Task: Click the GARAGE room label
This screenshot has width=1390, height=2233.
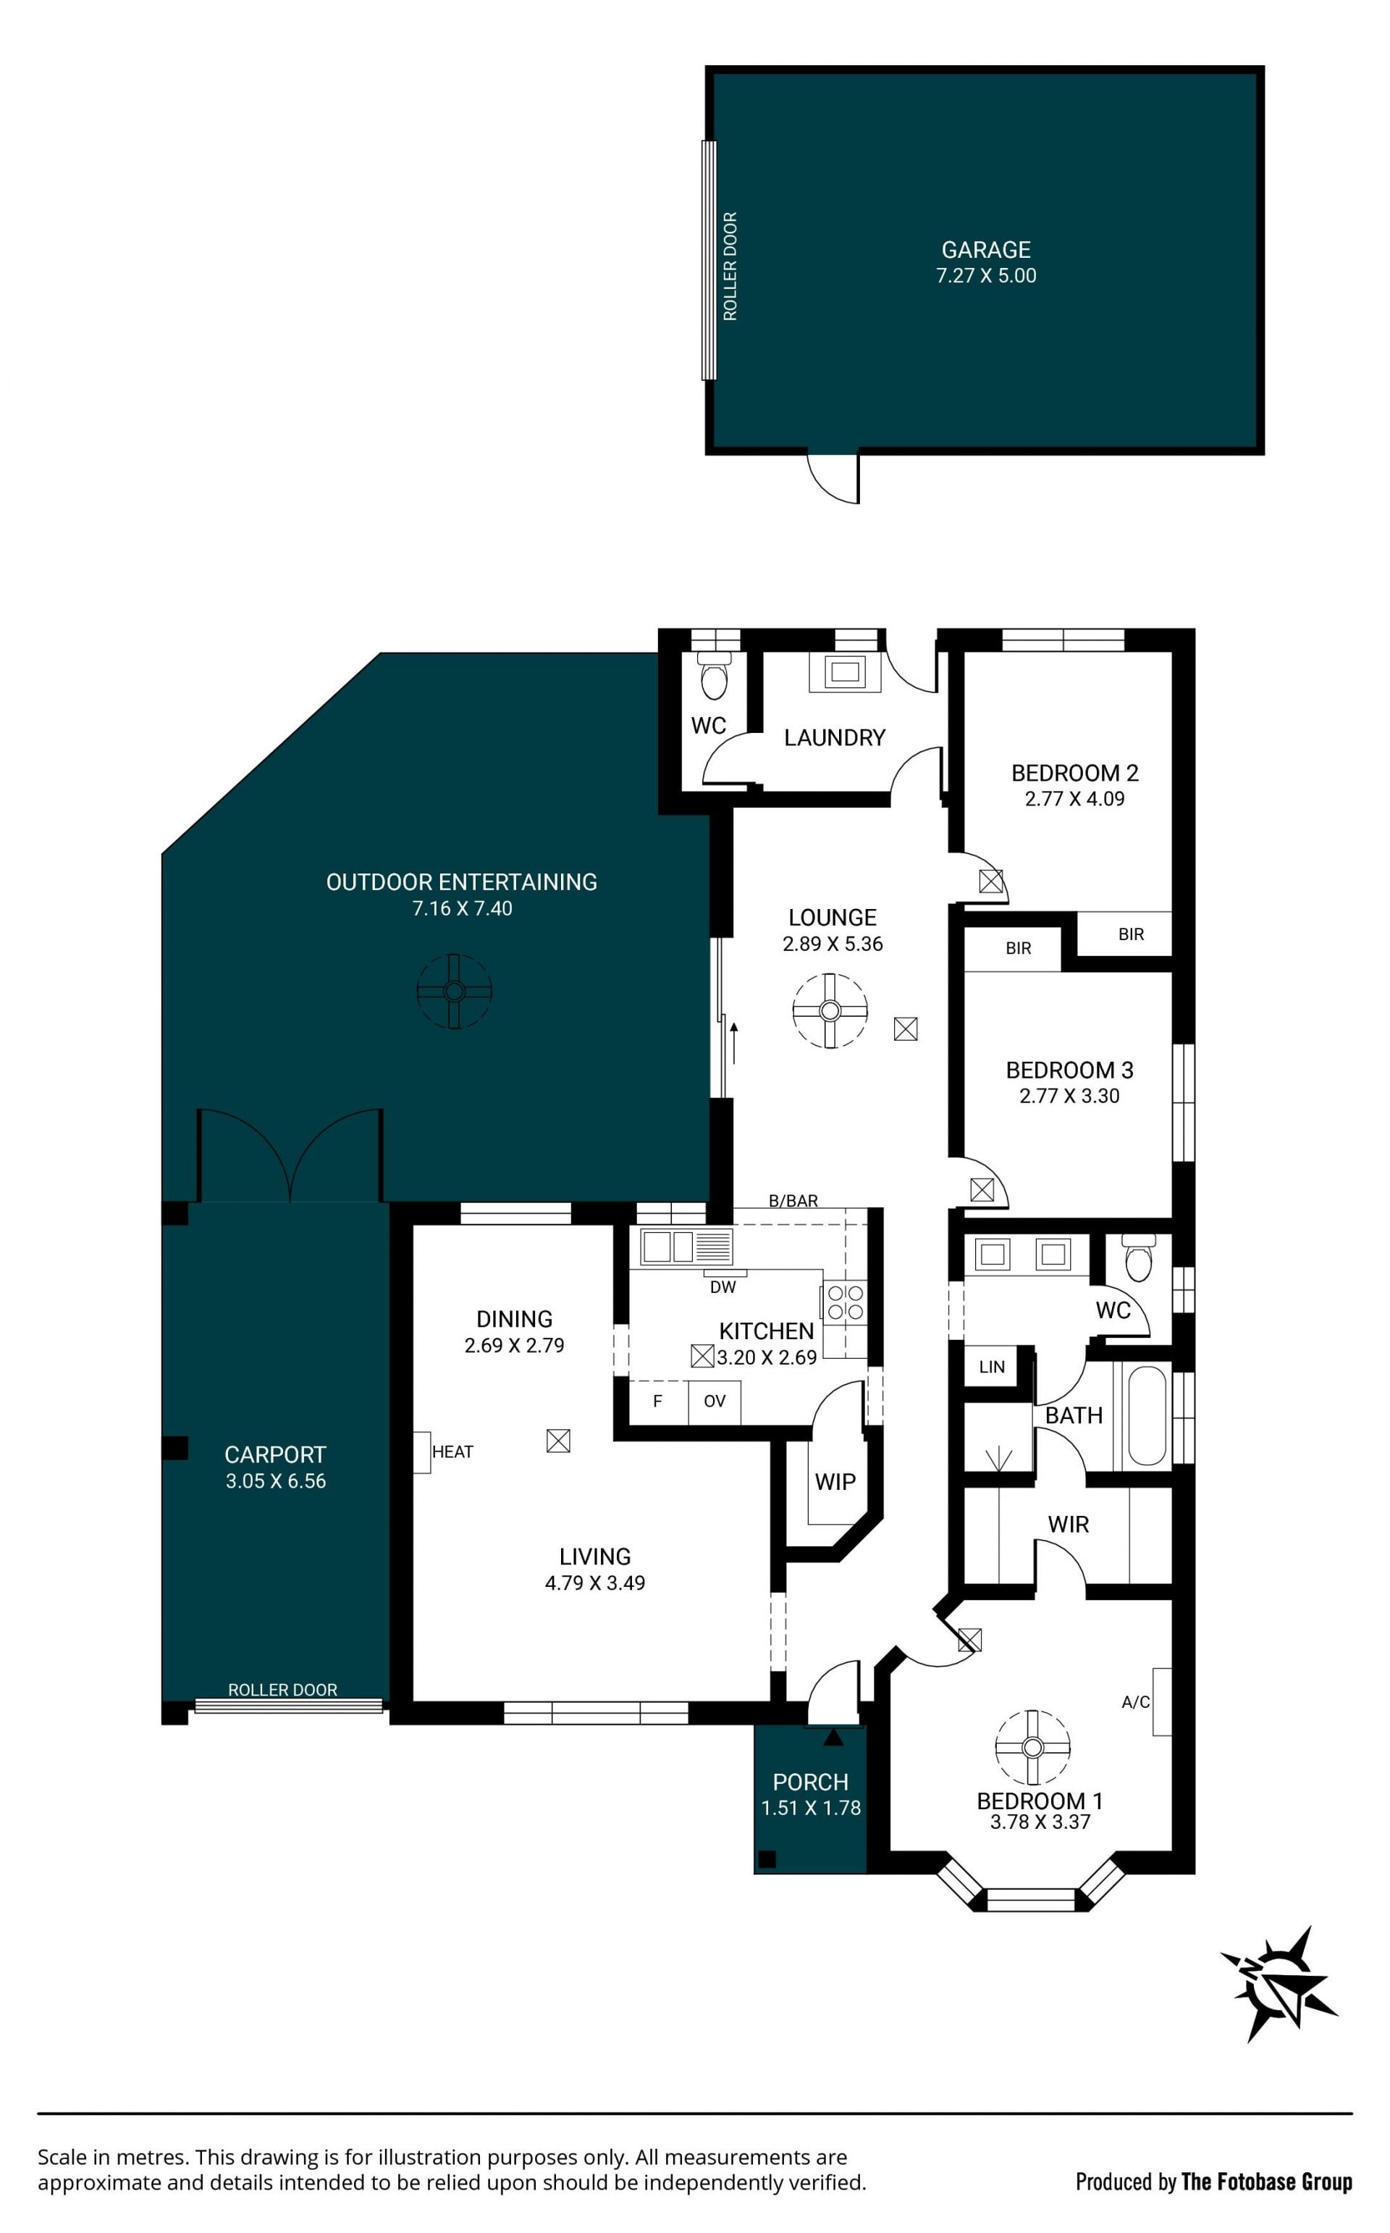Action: pos(985,249)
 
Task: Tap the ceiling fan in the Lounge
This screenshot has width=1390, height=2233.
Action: pos(830,1010)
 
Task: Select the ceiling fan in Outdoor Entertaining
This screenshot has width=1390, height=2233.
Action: pos(454,991)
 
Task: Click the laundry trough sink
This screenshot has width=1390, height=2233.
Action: pos(845,671)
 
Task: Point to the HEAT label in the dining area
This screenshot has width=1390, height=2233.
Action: pos(452,1451)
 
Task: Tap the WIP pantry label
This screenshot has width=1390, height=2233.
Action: pos(835,1482)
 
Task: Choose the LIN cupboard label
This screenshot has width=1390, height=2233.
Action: pos(992,1367)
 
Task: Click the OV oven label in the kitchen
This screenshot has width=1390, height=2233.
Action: pos(715,1401)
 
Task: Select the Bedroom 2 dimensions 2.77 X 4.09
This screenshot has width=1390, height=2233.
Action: pos(1074,798)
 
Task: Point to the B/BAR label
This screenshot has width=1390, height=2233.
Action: pos(793,1200)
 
